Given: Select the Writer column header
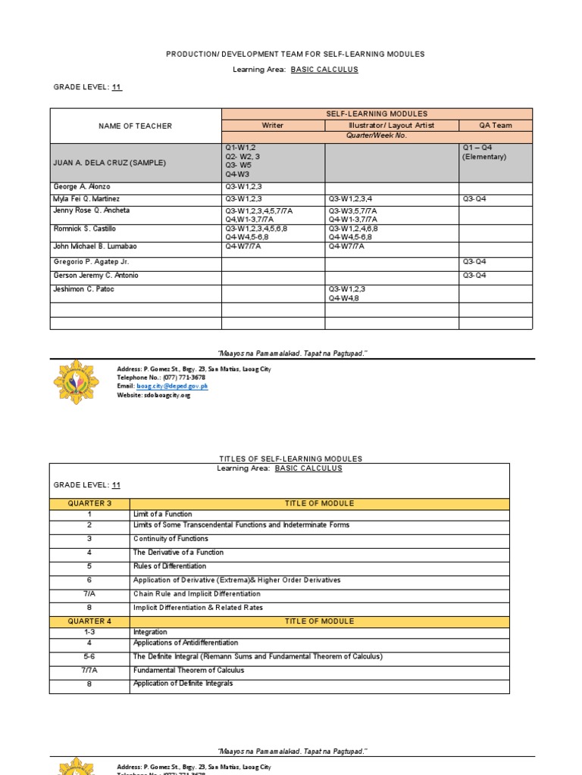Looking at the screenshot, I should [273, 126].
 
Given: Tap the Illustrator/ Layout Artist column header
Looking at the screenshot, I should [391, 126].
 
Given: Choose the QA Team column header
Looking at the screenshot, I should [496, 126].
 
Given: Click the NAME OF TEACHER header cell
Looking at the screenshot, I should [136, 126].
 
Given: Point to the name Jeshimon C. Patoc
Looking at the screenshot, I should [83, 289].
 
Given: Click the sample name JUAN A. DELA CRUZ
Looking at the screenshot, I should [109, 163].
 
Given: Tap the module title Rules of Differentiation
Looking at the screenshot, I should [170, 566].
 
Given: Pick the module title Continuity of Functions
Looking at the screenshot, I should [171, 539].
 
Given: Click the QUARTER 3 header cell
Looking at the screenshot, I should [89, 503].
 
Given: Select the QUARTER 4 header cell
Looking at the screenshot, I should [89, 621].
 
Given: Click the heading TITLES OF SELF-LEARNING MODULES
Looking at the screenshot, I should [290, 459].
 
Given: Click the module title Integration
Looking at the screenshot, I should [150, 632].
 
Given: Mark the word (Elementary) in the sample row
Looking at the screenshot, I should [484, 157].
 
